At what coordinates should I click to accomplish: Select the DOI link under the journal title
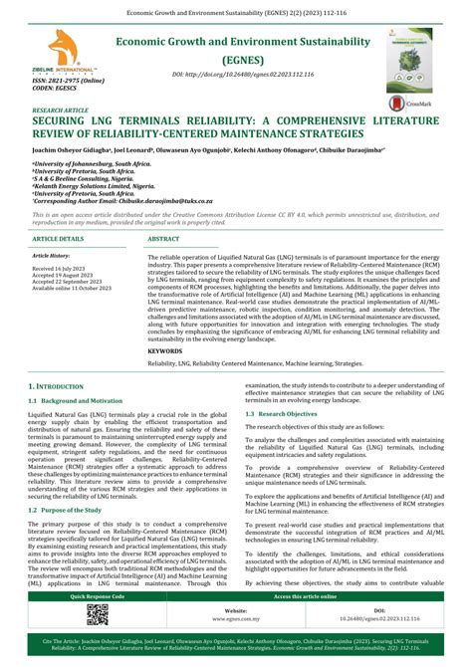coord(235,75)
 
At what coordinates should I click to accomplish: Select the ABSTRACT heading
coord(164,240)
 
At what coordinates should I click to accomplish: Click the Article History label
coord(54,256)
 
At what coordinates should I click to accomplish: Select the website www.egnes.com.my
coord(236,617)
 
